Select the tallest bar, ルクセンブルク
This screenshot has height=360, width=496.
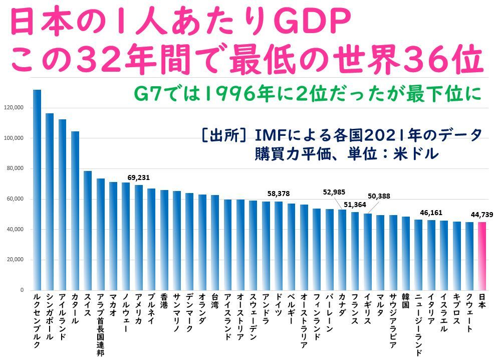pyautogui.click(x=37, y=191)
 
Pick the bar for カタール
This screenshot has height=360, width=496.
pyautogui.click(x=75, y=211)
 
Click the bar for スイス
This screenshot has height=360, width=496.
pyautogui.click(x=88, y=231)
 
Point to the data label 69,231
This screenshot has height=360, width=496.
pyautogui.click(x=139, y=177)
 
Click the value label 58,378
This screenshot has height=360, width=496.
pyautogui.click(x=279, y=194)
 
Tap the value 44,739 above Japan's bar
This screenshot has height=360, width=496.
pyautogui.click(x=481, y=215)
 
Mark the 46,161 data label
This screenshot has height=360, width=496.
pyautogui.click(x=431, y=213)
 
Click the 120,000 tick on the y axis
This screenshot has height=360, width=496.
pyautogui.click(x=14, y=107)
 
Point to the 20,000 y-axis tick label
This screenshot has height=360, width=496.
pyautogui.click(x=15, y=260)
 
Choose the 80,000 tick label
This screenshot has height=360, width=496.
pyautogui.click(x=15, y=168)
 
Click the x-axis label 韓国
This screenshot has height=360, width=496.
pyautogui.click(x=405, y=304)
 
